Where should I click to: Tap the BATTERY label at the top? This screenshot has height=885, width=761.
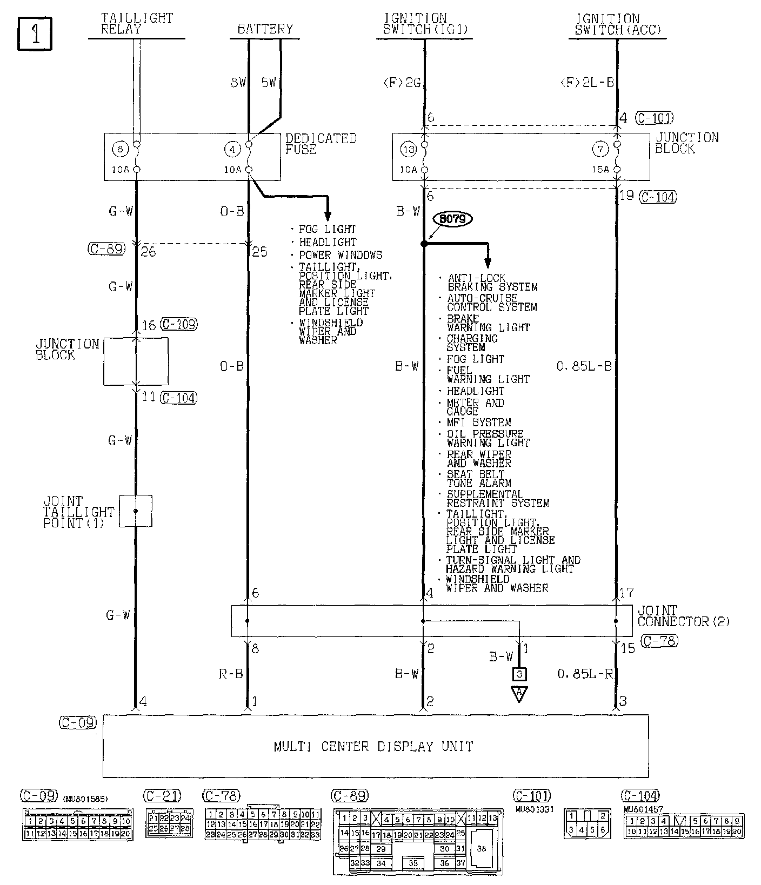point(265,29)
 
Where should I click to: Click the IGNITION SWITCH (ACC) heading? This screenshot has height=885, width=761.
point(617,24)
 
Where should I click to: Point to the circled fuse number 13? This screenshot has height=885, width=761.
point(408,149)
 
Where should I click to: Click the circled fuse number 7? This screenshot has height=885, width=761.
point(600,149)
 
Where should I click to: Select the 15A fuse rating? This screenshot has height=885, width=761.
point(600,169)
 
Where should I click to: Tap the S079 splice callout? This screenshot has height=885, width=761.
point(453,219)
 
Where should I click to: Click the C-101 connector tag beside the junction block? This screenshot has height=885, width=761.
point(654,118)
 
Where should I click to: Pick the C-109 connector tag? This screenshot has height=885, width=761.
point(179,324)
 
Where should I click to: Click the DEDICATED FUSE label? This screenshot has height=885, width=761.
point(321,144)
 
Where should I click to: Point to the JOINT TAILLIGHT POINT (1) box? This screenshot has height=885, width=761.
point(136,511)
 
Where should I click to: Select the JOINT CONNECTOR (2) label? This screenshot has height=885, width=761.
point(683,616)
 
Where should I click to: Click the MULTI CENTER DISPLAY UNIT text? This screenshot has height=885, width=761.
point(373,747)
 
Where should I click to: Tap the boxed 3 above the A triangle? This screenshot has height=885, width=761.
point(519,674)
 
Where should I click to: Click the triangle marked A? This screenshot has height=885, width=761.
point(519,693)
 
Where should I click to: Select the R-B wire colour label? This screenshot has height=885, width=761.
point(231,674)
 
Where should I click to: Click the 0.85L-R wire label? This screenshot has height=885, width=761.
point(585,674)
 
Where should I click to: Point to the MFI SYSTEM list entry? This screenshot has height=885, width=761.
point(478,423)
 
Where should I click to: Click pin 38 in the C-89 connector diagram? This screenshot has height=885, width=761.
point(481,848)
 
